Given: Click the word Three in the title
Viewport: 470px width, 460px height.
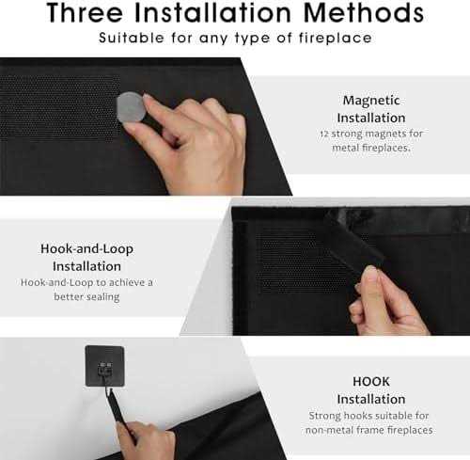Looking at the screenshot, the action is (x=86, y=12).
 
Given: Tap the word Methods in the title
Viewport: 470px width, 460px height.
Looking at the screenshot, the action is (x=364, y=12).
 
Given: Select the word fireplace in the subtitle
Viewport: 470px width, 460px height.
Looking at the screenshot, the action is (x=336, y=39).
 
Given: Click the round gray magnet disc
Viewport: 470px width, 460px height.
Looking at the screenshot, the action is (x=131, y=107).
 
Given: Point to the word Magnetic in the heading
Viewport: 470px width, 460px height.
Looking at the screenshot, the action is (x=371, y=101).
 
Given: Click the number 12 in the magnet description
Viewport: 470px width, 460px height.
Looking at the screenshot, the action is (x=324, y=134).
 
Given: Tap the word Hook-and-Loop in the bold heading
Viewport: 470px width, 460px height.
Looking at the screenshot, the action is (x=86, y=249).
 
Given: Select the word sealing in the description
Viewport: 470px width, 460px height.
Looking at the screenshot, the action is (x=103, y=296).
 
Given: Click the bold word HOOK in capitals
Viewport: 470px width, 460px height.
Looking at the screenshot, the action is (x=371, y=382).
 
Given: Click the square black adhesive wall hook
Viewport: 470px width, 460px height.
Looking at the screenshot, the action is (x=104, y=366).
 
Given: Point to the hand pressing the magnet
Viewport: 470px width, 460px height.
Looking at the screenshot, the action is (x=188, y=141).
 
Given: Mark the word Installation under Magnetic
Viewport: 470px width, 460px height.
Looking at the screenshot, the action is (x=371, y=119).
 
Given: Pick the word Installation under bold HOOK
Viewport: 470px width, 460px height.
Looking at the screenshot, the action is (x=371, y=399).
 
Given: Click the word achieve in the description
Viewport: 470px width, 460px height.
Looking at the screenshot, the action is (x=124, y=282).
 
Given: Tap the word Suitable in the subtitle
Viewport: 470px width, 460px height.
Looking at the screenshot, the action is (x=132, y=39).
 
